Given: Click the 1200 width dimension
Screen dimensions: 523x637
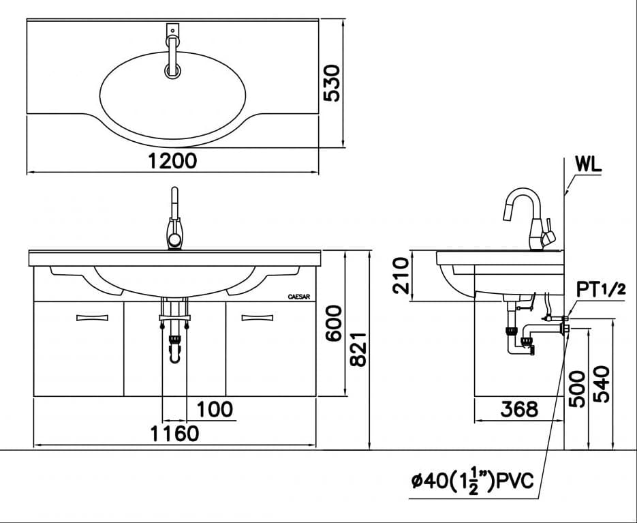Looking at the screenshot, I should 173,160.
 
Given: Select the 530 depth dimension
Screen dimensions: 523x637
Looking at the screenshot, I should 331,83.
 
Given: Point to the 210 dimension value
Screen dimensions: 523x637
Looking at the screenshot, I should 402,275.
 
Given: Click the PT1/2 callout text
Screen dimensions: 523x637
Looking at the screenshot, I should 601,289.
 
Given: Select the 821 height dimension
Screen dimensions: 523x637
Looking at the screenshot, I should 358,348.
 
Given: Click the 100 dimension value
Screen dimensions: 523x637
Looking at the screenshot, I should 215,409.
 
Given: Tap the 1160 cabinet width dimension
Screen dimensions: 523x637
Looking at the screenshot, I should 175,433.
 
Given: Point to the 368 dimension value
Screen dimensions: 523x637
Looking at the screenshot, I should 518,409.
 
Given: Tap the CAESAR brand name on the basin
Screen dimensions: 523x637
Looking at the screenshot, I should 300,297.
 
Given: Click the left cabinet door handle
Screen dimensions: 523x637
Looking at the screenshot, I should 91,316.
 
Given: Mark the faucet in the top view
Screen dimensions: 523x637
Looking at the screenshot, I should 172,51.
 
